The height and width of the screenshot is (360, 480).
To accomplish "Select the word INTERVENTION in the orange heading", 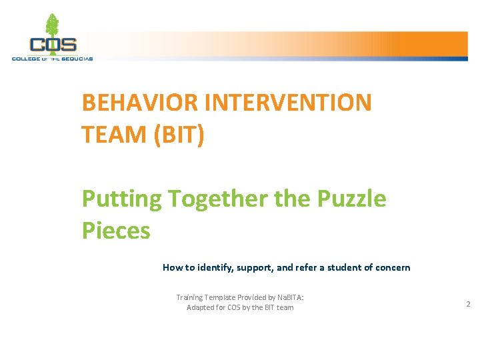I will click(289, 103).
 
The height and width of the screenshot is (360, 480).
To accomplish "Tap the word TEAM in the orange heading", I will click(114, 135).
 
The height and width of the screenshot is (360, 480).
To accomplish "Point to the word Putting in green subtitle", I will click(121, 199).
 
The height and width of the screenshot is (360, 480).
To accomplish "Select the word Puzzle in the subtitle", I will click(351, 199).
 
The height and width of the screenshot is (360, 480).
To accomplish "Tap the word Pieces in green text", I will click(115, 231).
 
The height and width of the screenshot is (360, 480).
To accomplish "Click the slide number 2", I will click(468, 304).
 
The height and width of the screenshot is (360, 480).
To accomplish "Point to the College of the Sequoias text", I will click(52, 59).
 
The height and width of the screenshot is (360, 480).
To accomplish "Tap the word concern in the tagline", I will click(393, 267).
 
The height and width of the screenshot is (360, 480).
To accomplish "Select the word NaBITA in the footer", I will click(289, 297).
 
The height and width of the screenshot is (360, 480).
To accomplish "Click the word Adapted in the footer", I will click(201, 307).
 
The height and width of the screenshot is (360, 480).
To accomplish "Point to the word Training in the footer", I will click(191, 297).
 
